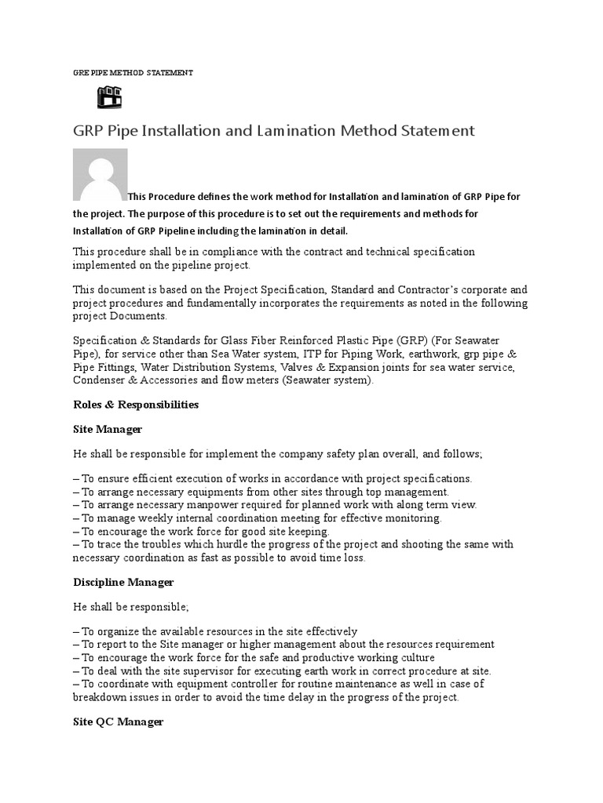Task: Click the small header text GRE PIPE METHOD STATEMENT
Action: pos(132,72)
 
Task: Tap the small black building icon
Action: pos(109,97)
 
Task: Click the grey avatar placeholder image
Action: pos(100,175)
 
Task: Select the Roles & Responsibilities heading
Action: pos(135,405)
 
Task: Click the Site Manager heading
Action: pos(108,429)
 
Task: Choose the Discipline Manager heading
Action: pos(122,582)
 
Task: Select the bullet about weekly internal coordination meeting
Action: pos(257,518)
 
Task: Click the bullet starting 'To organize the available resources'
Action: pos(215,631)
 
